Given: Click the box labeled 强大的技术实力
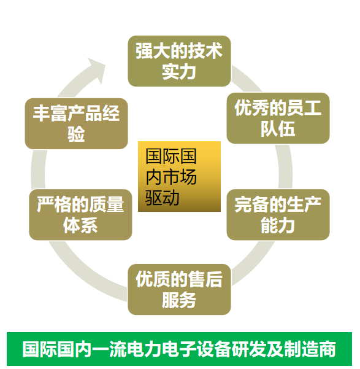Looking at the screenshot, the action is pos(179,61).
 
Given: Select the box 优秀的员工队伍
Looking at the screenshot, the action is pos(278,118).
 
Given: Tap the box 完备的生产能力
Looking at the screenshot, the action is pos(278,215).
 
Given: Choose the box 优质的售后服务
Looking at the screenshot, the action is pos(179,289).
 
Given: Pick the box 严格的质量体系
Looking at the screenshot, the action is pos(80,215).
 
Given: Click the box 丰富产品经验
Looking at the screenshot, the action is pos(77,123).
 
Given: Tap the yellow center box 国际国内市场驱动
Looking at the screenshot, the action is pos(179,176).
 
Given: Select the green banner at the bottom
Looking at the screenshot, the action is pos(179,349).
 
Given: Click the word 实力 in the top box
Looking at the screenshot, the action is pos(179,72).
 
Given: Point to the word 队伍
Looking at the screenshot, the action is pos(278,129).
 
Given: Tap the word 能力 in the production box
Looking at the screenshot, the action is pos(278,225).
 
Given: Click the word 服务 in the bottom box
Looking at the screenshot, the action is pos(179,300).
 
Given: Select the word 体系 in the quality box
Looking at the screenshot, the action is pos(80,225).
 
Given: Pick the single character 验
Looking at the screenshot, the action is pos(76,134).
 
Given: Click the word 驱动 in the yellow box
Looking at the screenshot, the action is pos(163,198).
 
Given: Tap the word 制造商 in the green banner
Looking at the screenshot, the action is pos(310,349).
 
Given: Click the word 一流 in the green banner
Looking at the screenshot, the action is pos(110,349).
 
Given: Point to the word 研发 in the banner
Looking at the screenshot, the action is pos(249,349).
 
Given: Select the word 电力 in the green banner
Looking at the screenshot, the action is pos(144,349).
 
